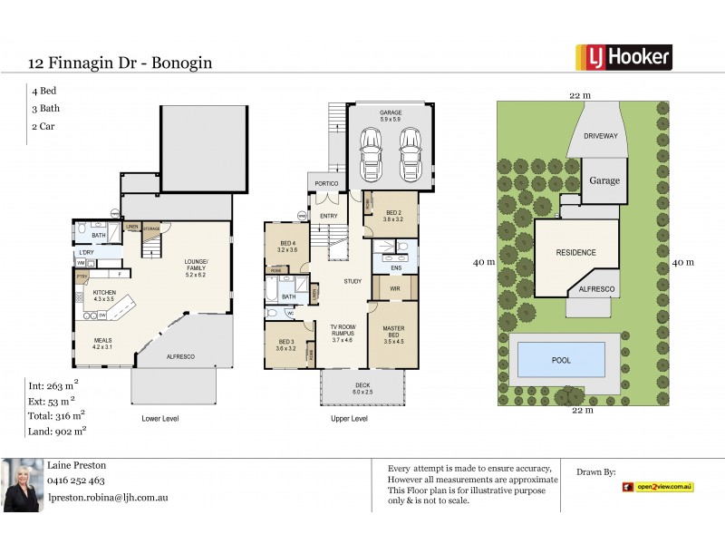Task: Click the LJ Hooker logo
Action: point(624,57)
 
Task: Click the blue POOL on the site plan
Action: point(562,359)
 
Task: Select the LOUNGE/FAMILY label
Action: point(196,265)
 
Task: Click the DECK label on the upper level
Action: point(362,385)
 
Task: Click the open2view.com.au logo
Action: point(657,487)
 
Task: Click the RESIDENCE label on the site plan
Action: point(576,252)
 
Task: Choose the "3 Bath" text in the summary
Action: point(43,109)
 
